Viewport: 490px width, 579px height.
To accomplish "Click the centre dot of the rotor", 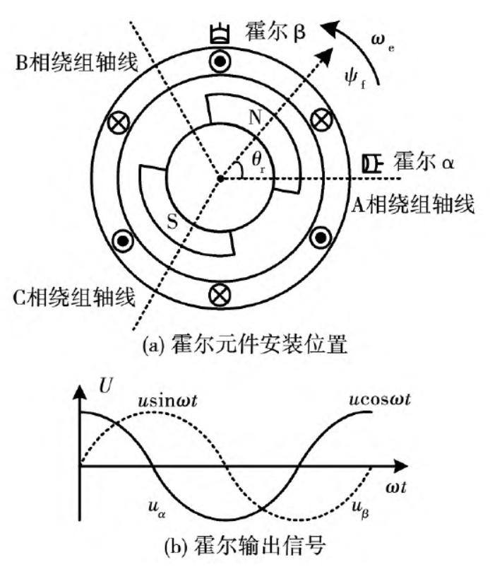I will [x=221, y=178].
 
